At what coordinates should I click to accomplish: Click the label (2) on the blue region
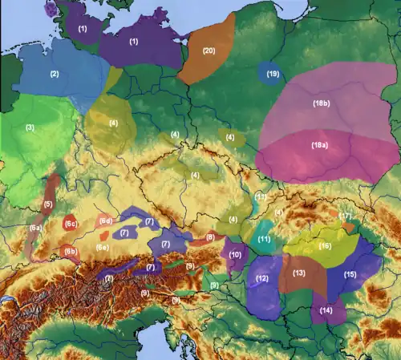point(55,74)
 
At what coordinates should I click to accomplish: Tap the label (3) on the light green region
point(30,127)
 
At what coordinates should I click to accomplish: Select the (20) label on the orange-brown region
point(209,51)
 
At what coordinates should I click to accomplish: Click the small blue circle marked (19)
point(273,74)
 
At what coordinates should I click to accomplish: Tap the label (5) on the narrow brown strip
point(48,205)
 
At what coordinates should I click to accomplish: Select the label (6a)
point(36,229)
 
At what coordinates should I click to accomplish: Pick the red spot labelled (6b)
point(70,251)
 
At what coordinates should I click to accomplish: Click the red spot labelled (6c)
point(70,224)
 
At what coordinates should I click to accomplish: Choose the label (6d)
point(105,220)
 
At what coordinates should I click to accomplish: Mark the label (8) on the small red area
point(209,237)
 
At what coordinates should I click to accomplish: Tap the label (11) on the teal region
point(264,240)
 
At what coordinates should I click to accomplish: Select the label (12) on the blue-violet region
point(261,278)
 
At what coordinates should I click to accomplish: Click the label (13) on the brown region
point(299,273)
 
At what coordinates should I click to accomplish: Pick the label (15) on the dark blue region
point(350,274)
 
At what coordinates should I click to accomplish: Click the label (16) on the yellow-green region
point(325,246)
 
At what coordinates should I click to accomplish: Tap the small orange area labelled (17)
point(346,217)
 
